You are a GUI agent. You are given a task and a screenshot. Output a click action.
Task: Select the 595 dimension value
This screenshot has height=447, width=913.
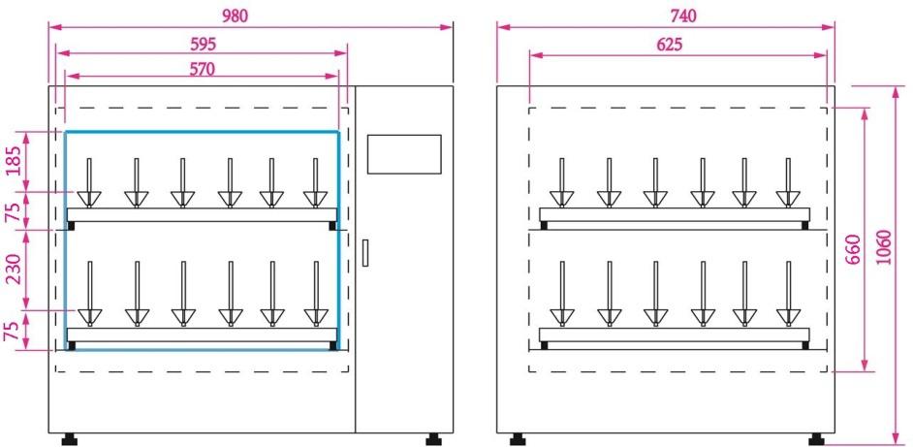point(202,44)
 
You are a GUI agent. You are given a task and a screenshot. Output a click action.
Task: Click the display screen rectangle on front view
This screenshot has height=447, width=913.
point(404,154)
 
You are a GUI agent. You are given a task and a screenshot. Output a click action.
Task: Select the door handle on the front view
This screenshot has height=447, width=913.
point(365,252)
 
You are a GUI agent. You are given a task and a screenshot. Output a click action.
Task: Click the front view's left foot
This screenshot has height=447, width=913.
point(70,439)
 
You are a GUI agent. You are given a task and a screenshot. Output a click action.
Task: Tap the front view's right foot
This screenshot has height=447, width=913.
point(432,439)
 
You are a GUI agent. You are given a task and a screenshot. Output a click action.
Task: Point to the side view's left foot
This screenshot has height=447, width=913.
point(517,439)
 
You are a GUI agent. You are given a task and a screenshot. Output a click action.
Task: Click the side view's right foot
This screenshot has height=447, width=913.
point(817,439)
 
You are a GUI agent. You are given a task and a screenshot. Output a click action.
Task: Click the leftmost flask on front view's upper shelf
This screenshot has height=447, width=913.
point(89,184)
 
